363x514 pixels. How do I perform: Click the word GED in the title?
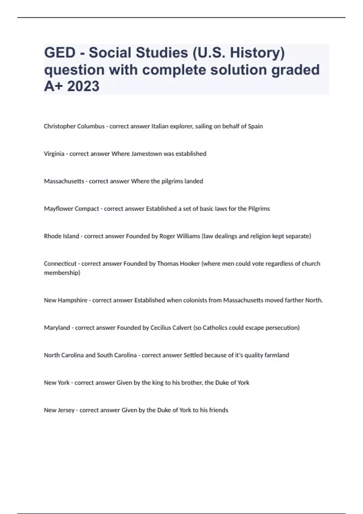[x=60, y=53]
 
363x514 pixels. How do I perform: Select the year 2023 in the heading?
[x=83, y=86]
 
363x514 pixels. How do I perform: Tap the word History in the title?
[x=257, y=53]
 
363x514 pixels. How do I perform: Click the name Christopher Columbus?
[x=74, y=126]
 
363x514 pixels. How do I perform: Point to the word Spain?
[x=255, y=126]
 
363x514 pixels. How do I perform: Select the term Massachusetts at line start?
[x=64, y=181]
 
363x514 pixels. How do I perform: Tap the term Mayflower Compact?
[x=71, y=209]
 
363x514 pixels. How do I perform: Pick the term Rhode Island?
[x=61, y=236]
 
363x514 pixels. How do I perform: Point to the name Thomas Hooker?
[x=178, y=264]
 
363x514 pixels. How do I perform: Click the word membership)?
[x=62, y=273]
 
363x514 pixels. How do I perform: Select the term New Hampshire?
[x=66, y=301]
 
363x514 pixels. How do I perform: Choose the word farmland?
[x=277, y=355]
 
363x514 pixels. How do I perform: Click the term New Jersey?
[x=59, y=410]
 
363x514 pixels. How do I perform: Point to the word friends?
[x=219, y=410]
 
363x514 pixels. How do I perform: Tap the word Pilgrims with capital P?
[x=259, y=209]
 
